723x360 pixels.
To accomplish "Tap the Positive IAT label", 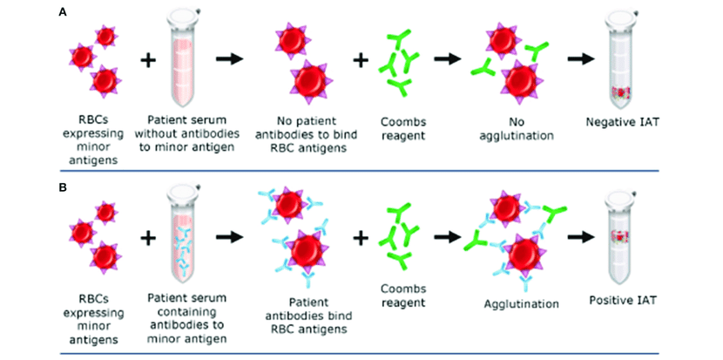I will click(x=621, y=300).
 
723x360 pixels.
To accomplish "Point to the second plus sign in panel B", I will click(x=360, y=235).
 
